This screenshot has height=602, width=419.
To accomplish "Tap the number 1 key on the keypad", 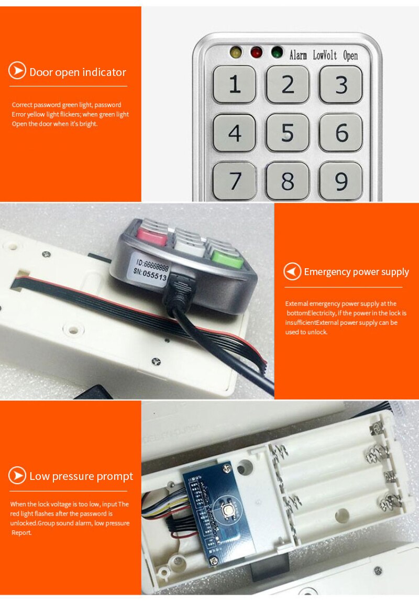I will point(234,84).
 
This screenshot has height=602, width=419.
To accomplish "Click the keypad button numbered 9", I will point(341,181).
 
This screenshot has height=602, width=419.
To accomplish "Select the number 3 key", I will point(341,84).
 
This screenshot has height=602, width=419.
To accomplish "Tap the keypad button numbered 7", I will point(234,181).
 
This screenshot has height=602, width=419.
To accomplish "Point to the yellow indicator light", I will point(235,52).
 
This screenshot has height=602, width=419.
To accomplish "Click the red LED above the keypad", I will point(256,52).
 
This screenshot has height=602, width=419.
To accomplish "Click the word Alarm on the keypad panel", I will point(298,55).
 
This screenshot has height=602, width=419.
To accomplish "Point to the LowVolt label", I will point(325,55).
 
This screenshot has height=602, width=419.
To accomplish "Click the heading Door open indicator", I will point(78,72).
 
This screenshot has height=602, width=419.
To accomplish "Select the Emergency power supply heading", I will point(356,272).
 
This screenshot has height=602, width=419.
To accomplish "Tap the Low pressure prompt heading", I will point(81,476).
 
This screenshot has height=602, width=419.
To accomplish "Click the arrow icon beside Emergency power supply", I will point(292,272).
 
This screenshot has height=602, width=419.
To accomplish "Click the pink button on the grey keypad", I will point(152,236).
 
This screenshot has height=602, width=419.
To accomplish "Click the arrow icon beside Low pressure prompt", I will point(17,476).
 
